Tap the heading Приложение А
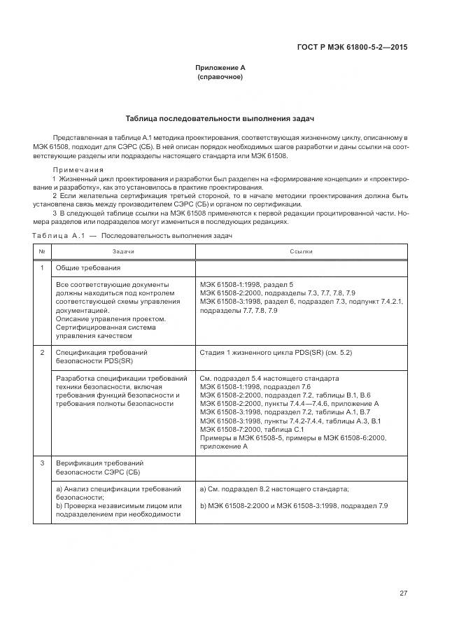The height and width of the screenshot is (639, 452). click(x=220, y=68)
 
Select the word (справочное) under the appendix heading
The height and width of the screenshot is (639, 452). click(x=220, y=77)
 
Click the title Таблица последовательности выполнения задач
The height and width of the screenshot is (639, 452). click(x=220, y=118)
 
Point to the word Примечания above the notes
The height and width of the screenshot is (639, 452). click(x=78, y=169)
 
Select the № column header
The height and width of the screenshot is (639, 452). click(x=42, y=251)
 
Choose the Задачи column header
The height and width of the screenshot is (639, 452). click(x=123, y=251)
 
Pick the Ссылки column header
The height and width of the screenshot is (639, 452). click(x=301, y=251)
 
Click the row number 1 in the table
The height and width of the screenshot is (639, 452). click(x=42, y=268)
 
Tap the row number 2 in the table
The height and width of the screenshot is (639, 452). click(x=42, y=353)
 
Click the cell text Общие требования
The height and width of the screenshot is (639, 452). click(x=88, y=268)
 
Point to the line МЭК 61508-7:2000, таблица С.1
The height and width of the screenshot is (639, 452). click(x=252, y=429)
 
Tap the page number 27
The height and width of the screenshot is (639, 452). click(x=403, y=594)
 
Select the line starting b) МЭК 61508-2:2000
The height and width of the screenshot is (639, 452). click(x=294, y=505)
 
